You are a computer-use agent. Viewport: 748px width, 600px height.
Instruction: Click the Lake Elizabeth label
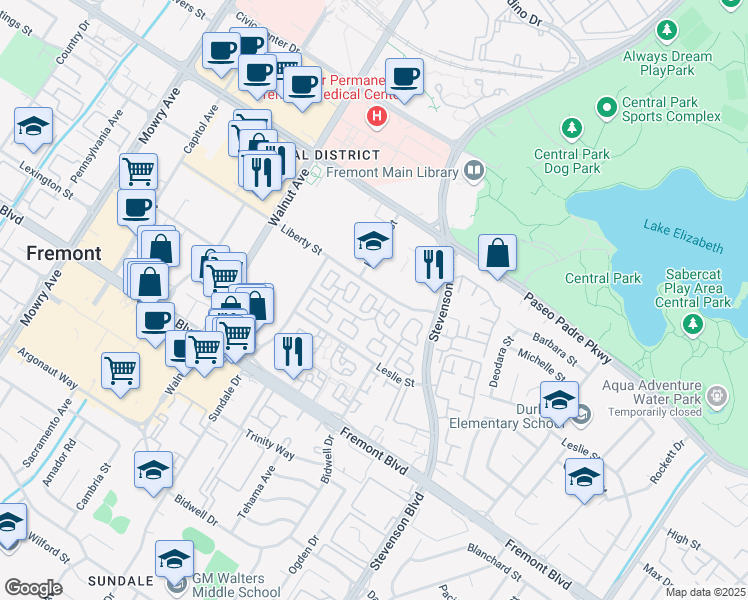(683, 234)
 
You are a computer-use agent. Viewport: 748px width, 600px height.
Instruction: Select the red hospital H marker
(376, 117)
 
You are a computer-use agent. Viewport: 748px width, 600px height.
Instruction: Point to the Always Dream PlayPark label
(668, 64)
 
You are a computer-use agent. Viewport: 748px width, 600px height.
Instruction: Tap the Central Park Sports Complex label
(671, 109)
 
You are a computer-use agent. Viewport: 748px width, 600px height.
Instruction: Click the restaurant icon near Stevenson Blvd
(433, 264)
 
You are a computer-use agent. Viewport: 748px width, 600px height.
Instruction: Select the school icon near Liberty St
(372, 241)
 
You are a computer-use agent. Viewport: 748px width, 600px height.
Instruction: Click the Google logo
(33, 588)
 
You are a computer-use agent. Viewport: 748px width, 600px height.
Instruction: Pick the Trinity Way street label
(270, 446)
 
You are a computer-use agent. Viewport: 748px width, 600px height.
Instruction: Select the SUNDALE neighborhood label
(119, 581)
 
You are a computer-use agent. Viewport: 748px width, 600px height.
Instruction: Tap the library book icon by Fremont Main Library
(473, 171)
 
